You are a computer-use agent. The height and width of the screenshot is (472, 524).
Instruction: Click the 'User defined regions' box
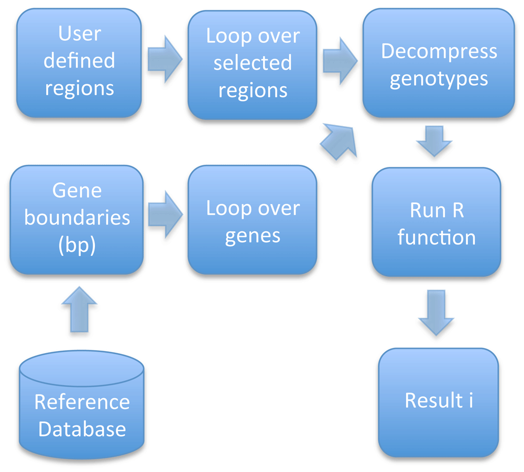tap(79, 63)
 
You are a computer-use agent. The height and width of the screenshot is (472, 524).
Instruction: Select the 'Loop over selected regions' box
tap(253, 65)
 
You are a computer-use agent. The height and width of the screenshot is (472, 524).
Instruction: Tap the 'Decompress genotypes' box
tap(439, 63)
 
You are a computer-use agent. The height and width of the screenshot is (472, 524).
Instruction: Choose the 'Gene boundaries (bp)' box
tap(77, 220)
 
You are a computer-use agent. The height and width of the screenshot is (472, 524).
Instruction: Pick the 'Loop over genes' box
tap(253, 220)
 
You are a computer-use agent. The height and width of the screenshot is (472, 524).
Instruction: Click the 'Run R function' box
tap(436, 222)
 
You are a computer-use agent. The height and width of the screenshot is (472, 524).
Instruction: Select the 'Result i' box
tap(439, 402)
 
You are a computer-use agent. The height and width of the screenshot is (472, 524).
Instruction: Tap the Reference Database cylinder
tap(82, 404)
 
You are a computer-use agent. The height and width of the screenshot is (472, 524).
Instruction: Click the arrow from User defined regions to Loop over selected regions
tap(165, 60)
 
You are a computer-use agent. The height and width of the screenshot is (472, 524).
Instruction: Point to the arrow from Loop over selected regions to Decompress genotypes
tap(340, 61)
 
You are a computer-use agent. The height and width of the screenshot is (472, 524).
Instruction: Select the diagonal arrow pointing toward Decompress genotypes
tap(339, 141)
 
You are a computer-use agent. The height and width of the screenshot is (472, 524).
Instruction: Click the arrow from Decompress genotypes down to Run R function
tap(434, 141)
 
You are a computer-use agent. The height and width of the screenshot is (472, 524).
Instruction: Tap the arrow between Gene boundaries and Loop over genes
tap(166, 215)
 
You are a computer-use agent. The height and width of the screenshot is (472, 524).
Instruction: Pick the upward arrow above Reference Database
tap(80, 309)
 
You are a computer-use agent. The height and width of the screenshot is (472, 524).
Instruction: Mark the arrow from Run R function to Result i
tap(436, 313)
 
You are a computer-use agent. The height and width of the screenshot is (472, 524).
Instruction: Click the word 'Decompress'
tap(439, 52)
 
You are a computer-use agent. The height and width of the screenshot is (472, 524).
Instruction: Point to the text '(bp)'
tap(77, 245)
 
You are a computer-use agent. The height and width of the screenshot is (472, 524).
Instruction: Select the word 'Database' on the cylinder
tap(82, 429)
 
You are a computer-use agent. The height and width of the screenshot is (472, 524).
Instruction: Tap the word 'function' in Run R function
tap(436, 238)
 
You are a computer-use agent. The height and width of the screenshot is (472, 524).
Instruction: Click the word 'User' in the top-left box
tap(80, 33)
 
